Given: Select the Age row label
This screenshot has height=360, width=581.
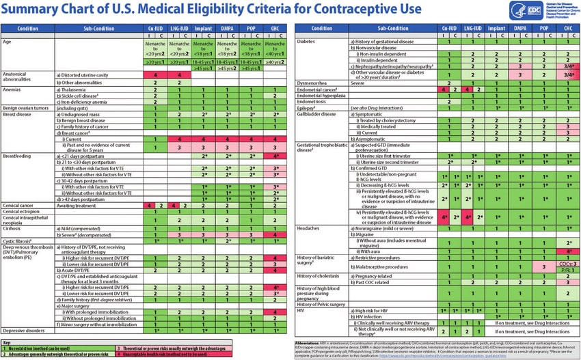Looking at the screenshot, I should point(8,41).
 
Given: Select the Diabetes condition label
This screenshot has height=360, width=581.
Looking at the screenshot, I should point(307,41).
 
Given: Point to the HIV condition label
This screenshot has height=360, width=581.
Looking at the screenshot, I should point(301,310).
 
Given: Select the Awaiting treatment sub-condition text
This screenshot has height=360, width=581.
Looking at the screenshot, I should point(77,205).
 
